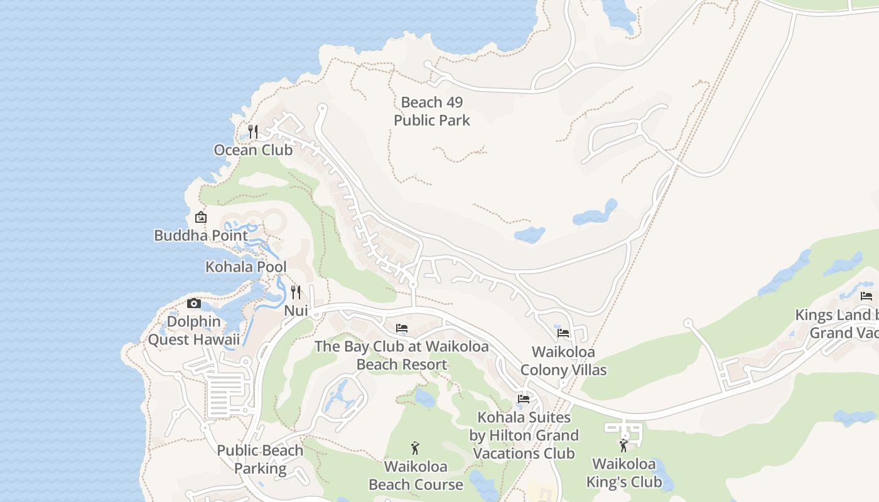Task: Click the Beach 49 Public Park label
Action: pos(431,111)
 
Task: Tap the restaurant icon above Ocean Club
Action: pos(253,131)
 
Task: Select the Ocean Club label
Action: pos(253,150)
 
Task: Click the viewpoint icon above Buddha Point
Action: pos(201,217)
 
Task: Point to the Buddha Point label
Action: pos(201,235)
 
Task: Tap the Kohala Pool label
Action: pos(245,267)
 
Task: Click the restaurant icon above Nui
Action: pos(296,292)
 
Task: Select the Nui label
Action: pos(296,311)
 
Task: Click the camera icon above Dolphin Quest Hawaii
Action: pos(194,304)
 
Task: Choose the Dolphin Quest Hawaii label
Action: pos(194,331)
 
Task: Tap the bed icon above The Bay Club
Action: pos(402,328)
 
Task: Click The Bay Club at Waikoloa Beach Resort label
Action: pos(402,355)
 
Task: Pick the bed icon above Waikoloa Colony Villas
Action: pos(563,333)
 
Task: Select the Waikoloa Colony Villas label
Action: pos(563,361)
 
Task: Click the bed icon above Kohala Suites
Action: pos(523,399)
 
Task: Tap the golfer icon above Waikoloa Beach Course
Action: pos(415,448)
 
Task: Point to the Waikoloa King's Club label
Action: pos(623,473)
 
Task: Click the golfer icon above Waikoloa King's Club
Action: pos(623,446)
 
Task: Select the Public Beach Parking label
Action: pos(260,459)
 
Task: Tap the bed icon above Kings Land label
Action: pos(866,296)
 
